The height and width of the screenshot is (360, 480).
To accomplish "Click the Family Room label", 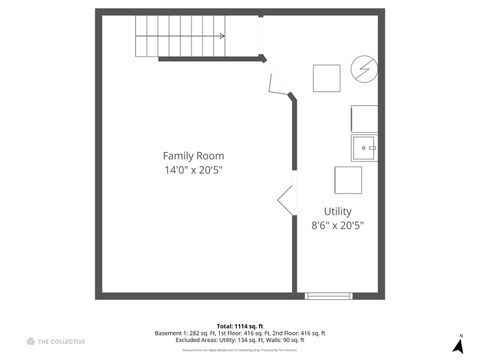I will (x=193, y=156).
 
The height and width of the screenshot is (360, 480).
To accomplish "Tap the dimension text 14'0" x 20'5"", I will (x=193, y=171).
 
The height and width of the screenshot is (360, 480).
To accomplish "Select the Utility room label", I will (x=337, y=211).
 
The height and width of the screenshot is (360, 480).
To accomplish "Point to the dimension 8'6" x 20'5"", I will (x=337, y=226).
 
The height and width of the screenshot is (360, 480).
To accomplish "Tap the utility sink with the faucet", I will (x=365, y=147).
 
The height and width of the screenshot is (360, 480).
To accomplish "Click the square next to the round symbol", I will (x=327, y=78).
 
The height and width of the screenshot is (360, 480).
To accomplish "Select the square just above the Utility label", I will (x=347, y=180).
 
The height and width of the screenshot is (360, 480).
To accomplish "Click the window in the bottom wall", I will (x=328, y=295).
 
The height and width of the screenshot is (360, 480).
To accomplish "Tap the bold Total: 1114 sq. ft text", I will (x=240, y=326).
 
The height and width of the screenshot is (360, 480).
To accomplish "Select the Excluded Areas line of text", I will (x=240, y=340).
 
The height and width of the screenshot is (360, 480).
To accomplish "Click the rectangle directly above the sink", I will (x=365, y=118).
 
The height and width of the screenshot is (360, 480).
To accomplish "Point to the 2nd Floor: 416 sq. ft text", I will (x=304, y=333).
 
